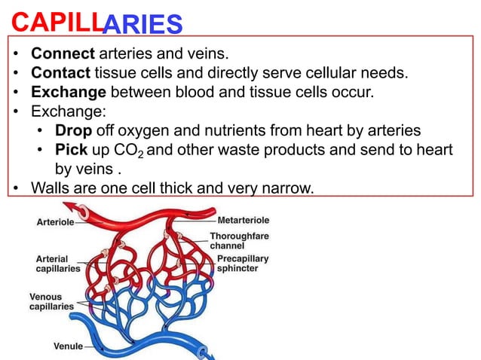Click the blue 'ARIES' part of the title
click(x=142, y=25)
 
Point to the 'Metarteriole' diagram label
click(x=244, y=221)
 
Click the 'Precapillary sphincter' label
click(x=243, y=264)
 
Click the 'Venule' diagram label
click(x=67, y=347)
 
